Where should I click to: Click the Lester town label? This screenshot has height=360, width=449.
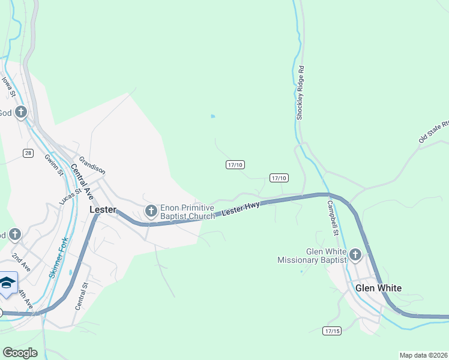click(x=102, y=210)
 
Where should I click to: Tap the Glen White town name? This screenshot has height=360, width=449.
click(x=378, y=288)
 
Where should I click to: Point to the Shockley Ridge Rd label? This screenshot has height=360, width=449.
click(x=301, y=93)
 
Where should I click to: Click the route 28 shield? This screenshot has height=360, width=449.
click(x=28, y=153)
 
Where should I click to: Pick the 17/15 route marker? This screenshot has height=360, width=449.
click(x=331, y=331)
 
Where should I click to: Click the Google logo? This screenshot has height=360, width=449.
click(x=20, y=353)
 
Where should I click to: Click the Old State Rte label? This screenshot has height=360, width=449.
click(x=434, y=132)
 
